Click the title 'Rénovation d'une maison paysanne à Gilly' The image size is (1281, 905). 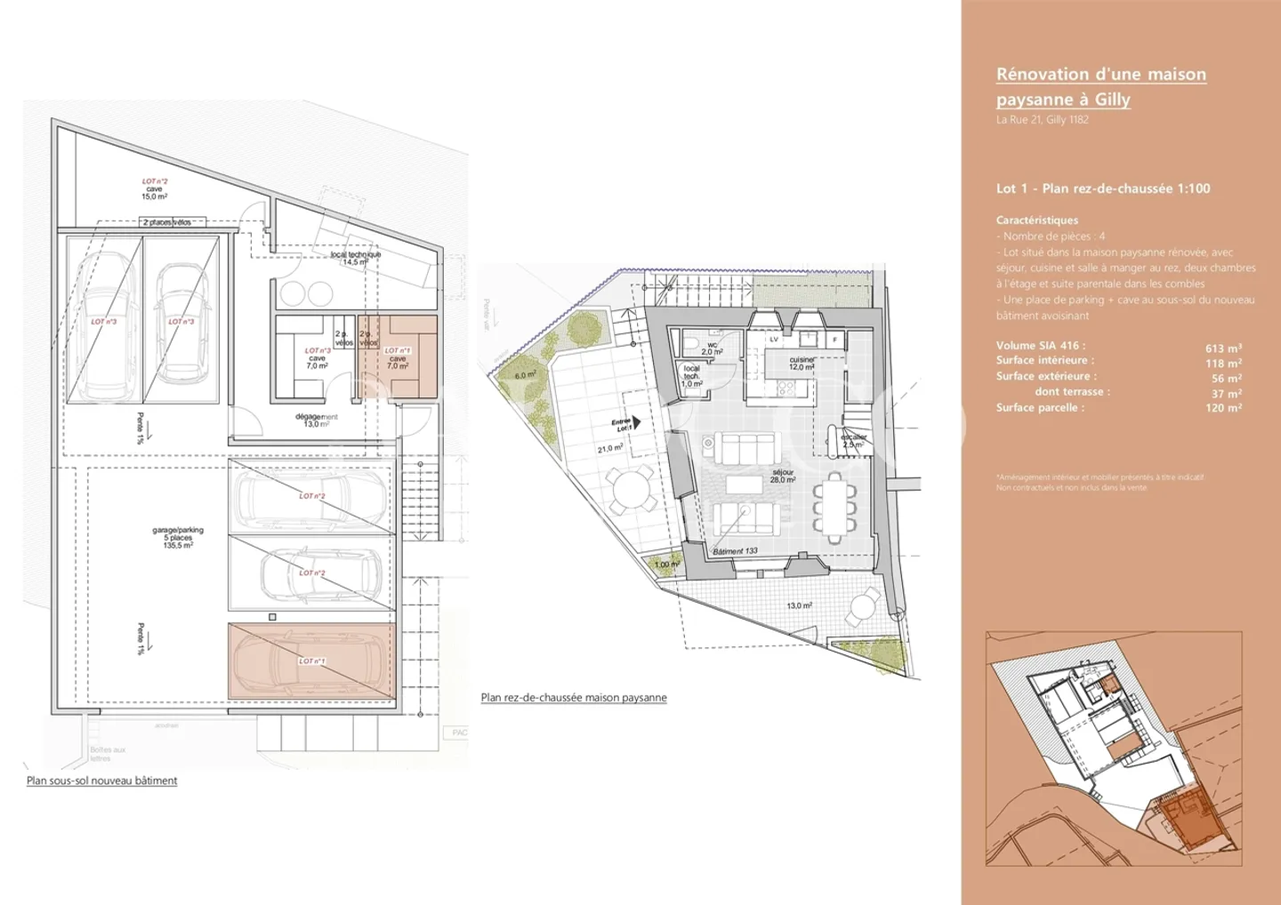pos(1100,86)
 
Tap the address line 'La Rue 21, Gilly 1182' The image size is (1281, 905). pos(1042,120)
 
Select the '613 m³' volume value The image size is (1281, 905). pos(1223,348)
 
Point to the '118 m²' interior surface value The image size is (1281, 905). pos(1223,364)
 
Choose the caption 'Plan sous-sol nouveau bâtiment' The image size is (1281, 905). pos(101,781)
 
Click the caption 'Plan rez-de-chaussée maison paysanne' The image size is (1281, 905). pos(574,698)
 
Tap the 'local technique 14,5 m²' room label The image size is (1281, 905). pos(356,259)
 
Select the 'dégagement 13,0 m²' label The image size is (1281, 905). pos(317,420)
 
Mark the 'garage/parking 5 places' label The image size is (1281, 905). pos(178,538)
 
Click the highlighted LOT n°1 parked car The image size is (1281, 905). pos(310,661)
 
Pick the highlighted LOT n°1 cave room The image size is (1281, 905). pos(398,357)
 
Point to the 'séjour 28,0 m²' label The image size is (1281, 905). pos(783,477)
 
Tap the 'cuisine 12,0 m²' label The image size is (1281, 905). pos(802,364)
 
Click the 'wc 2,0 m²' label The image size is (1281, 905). pos(713,348)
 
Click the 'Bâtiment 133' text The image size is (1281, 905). pos(735,551)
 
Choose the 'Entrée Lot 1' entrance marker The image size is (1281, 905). pos(625,425)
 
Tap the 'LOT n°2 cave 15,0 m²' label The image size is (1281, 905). pos(155,188)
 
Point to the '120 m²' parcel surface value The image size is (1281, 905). pos(1223,408)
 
